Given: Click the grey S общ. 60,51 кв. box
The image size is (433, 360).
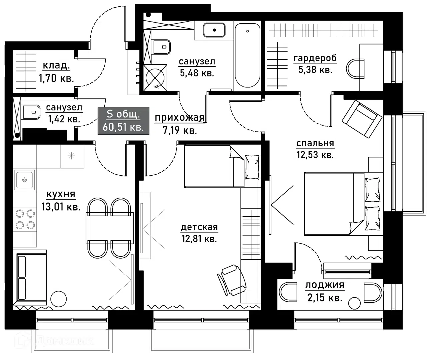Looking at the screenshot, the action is pyautogui.click(x=123, y=121).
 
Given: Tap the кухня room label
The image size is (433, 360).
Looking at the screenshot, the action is pyautogui.click(x=61, y=194).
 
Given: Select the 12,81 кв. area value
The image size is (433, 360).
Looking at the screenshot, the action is pyautogui.click(x=199, y=239).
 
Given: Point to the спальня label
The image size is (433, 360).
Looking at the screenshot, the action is pyautogui.click(x=315, y=144).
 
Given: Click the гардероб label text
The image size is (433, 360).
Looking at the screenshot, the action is pyautogui.click(x=315, y=58).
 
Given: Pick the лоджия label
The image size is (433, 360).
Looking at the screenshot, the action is pyautogui.click(x=325, y=285).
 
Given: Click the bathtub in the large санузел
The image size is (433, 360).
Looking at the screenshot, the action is pyautogui.click(x=247, y=56).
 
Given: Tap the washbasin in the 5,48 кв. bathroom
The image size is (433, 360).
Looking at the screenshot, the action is pyautogui.click(x=214, y=30).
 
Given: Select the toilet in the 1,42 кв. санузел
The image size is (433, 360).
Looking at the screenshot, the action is pyautogui.click(x=31, y=112).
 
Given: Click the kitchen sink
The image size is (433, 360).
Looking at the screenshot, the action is pyautogui.click(x=24, y=180).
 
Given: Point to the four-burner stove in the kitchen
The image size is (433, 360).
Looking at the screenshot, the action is pyautogui.click(x=25, y=219).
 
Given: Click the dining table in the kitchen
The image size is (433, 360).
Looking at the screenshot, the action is pyautogui.click(x=110, y=228).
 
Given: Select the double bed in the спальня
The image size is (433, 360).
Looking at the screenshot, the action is pyautogui.click(x=343, y=204).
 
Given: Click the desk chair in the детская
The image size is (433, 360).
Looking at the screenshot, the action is pyautogui.click(x=232, y=280).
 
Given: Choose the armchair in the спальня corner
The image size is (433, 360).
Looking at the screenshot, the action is pyautogui.click(x=362, y=119).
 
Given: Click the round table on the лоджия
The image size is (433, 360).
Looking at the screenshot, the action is pyautogui.click(x=354, y=303).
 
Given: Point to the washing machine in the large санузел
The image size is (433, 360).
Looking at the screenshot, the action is pyautogui.click(x=155, y=78).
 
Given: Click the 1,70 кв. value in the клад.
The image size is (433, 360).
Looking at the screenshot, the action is pyautogui.click(x=56, y=78).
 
